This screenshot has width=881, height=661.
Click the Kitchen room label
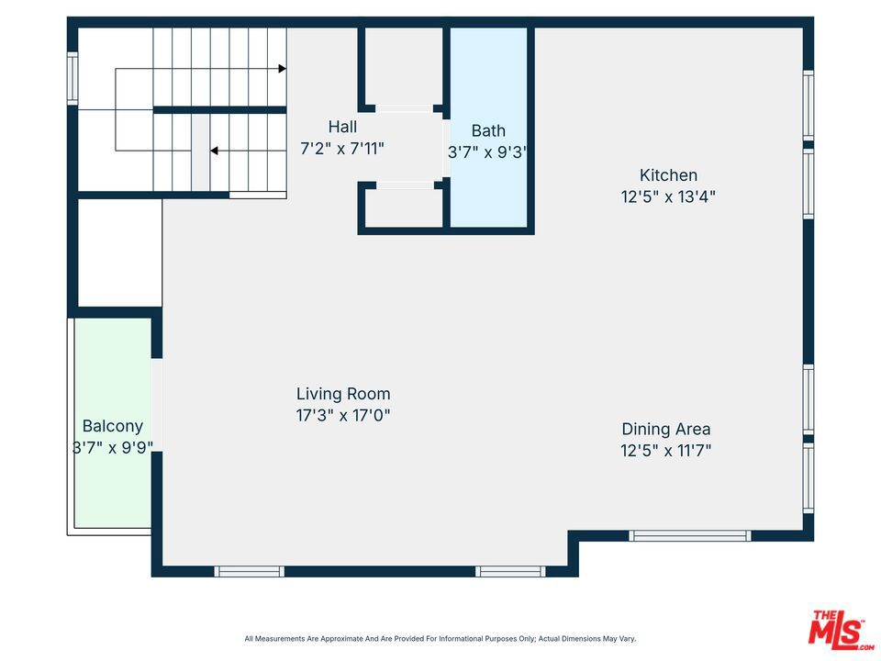click(x=668, y=175)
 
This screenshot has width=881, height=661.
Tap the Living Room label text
click(x=343, y=394)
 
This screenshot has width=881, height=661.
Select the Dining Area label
click(x=666, y=430)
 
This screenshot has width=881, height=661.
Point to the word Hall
click(x=342, y=127)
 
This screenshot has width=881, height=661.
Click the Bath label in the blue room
click(x=488, y=131)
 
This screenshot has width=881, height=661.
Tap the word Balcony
click(x=112, y=426)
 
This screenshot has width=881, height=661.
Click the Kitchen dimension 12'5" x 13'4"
click(x=668, y=196)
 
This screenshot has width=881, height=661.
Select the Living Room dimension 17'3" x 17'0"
click(x=343, y=415)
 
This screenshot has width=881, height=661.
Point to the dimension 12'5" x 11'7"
click(x=666, y=451)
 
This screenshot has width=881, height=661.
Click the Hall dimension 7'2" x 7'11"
click(x=342, y=149)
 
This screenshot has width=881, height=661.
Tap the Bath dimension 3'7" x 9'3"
click(x=487, y=152)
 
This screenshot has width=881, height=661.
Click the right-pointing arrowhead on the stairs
click(x=283, y=69)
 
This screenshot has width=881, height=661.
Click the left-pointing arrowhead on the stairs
click(x=214, y=151)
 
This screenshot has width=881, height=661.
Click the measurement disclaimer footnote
click(x=440, y=639)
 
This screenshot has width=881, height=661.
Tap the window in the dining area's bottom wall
click(x=689, y=535)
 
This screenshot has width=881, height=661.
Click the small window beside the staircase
click(x=72, y=78)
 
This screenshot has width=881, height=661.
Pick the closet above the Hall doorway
click(x=404, y=66)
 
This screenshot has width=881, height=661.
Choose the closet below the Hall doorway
click(x=404, y=207)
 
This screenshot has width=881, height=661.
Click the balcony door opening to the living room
click(x=157, y=405)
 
